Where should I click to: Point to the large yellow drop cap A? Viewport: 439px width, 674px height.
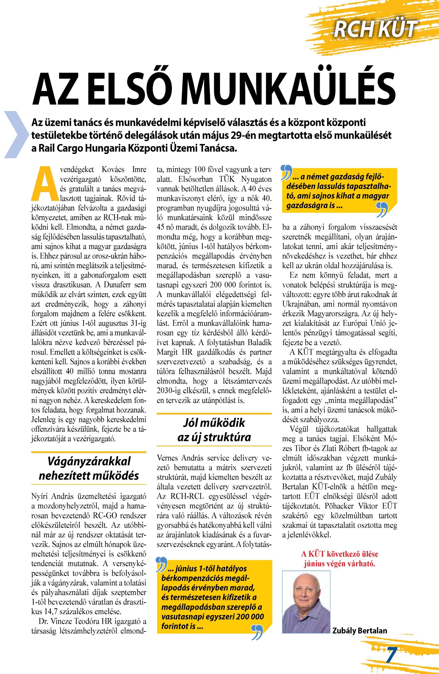point(45,184)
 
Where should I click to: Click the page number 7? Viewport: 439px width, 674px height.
point(392,655)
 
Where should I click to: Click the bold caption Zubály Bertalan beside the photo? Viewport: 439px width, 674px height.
point(360,630)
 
